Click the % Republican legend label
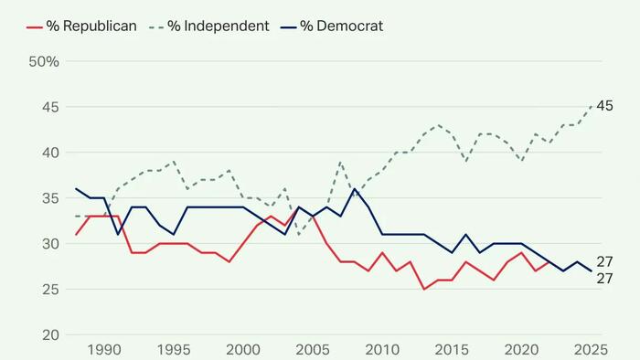tap(92, 26)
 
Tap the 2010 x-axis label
tap(383, 349)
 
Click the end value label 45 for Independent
tap(604, 107)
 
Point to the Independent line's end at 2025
tap(591, 107)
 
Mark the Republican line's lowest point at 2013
tap(424, 290)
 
